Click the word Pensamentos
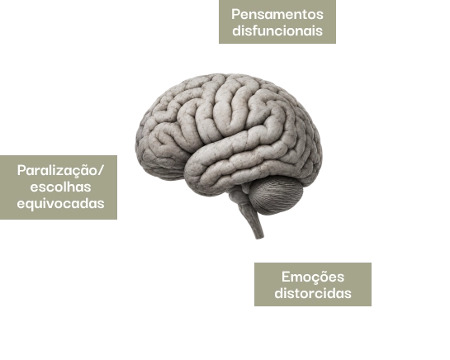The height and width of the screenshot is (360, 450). [x=277, y=14]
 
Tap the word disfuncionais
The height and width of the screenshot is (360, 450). [x=277, y=31]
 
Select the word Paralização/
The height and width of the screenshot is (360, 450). [x=60, y=171]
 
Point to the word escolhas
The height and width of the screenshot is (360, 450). [x=60, y=187]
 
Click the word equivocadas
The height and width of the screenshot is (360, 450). [x=60, y=204]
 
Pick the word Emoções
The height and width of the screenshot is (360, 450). [x=313, y=277]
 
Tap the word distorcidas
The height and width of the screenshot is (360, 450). [x=313, y=293]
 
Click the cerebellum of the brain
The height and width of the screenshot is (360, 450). [x=276, y=195]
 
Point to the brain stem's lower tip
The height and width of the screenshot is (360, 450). [x=260, y=238]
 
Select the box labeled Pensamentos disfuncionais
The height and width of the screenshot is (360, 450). [x=277, y=21]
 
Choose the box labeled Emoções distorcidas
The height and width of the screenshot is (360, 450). [x=313, y=284]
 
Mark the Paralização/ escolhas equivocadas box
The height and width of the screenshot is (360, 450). [x=59, y=187]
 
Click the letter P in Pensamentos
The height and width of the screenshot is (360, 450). [x=235, y=14]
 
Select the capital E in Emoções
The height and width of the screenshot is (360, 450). [x=286, y=277]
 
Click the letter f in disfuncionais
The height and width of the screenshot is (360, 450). [x=255, y=31]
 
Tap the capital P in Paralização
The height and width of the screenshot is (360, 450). [x=21, y=171]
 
